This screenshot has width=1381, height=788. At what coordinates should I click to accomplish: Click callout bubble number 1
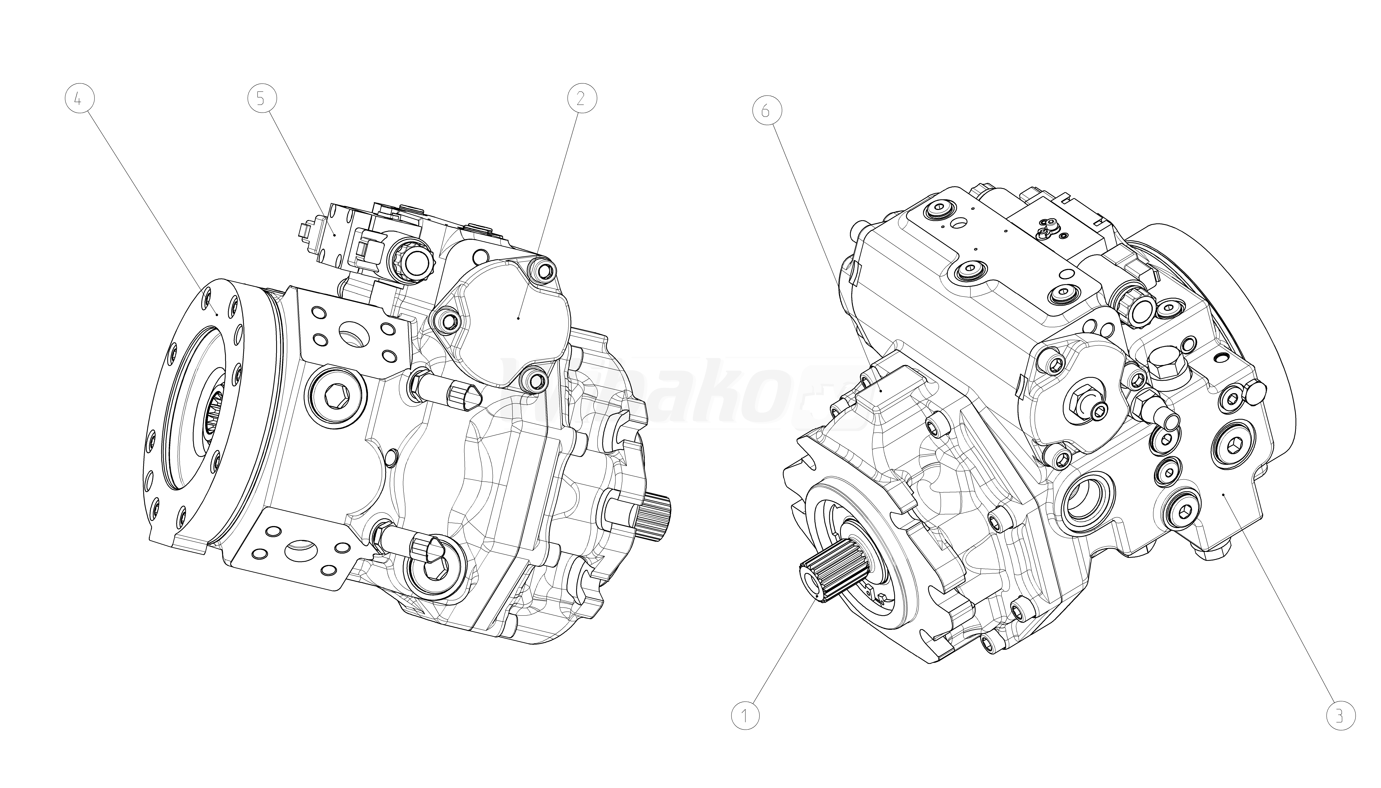pos(745,716)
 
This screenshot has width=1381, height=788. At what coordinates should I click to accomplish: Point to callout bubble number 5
pos(262,98)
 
